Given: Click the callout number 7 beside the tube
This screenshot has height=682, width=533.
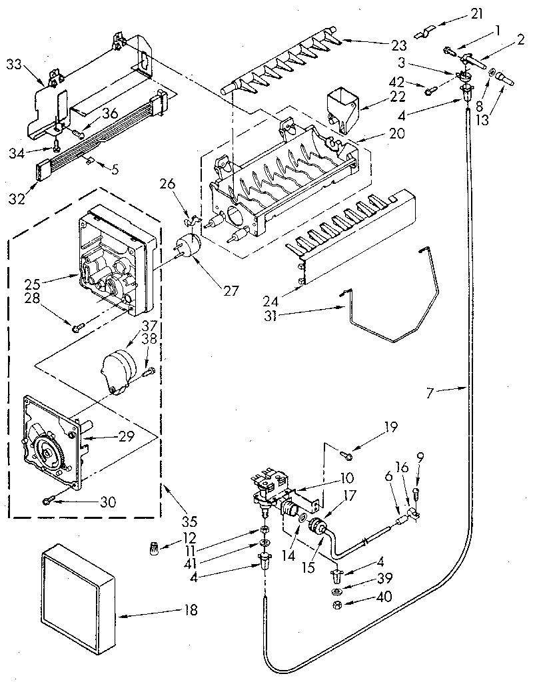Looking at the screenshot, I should [x=430, y=393].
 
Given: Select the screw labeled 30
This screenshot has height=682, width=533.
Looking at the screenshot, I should [x=47, y=500].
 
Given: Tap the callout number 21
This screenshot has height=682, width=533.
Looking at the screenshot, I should [x=460, y=13].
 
